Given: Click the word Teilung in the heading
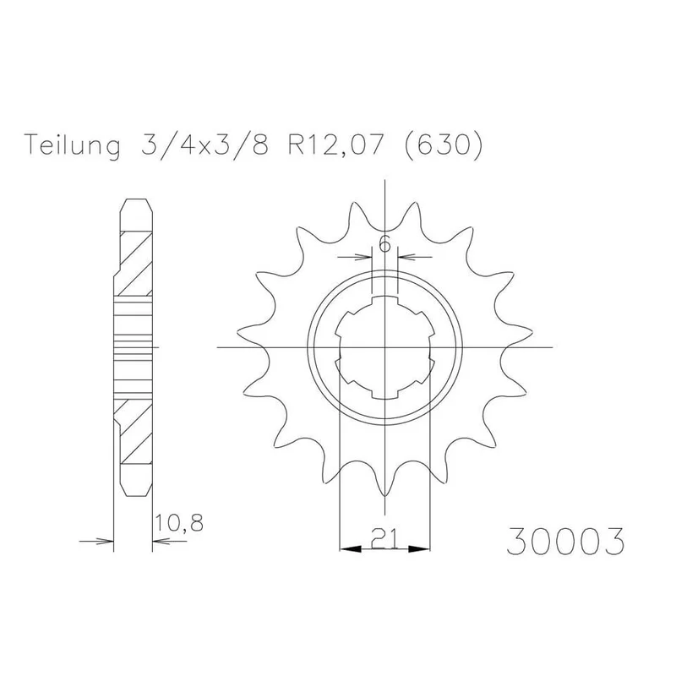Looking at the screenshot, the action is (73, 145).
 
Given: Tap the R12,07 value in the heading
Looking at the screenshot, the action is (335, 144).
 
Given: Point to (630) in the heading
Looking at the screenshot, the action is (443, 145).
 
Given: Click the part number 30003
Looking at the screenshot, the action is (565, 540).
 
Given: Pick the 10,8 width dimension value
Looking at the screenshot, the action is (178, 523).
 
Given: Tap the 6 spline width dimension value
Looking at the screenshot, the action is (384, 245).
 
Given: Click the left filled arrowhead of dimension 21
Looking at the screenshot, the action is (350, 549).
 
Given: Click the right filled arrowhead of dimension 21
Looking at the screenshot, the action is (419, 549).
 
